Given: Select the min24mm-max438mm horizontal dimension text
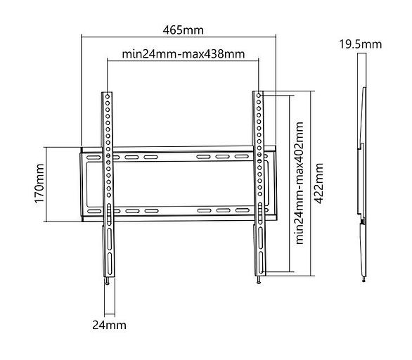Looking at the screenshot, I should [184, 53].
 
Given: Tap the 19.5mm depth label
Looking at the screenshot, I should [360, 44].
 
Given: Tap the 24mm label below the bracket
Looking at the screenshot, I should [110, 325].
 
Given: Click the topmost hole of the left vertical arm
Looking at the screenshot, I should [108, 96].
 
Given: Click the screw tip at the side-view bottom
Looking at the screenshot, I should [363, 279].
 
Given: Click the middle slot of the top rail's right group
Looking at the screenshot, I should [223, 157].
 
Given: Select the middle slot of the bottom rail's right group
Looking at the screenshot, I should [223, 210].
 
